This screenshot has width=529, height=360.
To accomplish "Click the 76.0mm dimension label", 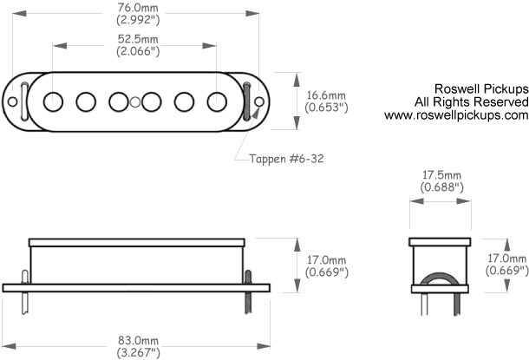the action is [138, 8].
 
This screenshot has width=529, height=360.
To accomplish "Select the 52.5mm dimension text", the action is [138, 39].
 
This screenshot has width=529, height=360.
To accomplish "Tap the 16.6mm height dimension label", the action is [326, 95].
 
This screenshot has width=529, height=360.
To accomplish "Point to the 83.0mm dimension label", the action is [138, 340].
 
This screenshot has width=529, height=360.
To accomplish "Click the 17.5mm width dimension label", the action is [441, 175].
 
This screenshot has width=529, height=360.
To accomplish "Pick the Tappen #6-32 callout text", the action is [286, 159].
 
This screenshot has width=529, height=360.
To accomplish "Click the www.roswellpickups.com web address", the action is [456, 115].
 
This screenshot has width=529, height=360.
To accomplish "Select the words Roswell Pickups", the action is [481, 88].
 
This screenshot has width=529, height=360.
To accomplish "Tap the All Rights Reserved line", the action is [471, 101].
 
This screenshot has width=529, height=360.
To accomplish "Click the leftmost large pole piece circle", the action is [53, 101].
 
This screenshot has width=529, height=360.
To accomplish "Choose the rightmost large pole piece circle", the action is [217, 101].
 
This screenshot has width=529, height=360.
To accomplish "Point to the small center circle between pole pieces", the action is [135, 101].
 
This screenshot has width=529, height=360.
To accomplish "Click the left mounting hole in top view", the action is [12, 101].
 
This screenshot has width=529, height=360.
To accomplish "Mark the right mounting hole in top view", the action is [259, 101].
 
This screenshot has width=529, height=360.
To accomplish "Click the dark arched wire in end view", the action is [440, 275].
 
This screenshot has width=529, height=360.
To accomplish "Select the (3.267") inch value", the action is [139, 353].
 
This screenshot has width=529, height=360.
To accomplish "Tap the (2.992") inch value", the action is [138, 20].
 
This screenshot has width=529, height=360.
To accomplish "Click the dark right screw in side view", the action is [248, 291].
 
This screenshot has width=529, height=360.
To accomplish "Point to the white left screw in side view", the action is [25, 292].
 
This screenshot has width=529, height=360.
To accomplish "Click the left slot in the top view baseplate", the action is [24, 101].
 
